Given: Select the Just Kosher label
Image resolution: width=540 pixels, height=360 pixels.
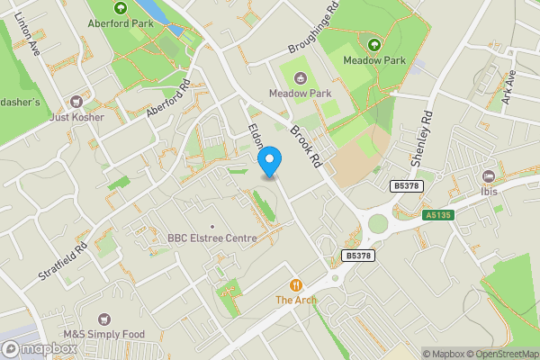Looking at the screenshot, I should pyautogui.click(x=77, y=117).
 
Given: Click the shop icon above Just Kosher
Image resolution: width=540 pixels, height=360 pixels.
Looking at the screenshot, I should pyautogui.click(x=77, y=101).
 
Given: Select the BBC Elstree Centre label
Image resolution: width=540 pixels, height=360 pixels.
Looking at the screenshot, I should pyautogui.click(x=212, y=238).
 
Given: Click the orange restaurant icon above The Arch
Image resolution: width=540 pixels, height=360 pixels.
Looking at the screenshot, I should pyautogui.click(x=295, y=283).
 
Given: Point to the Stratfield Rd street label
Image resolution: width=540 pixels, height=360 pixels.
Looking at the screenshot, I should pyautogui.click(x=62, y=260).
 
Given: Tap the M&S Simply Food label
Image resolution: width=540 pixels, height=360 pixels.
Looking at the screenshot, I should pyautogui.click(x=102, y=334).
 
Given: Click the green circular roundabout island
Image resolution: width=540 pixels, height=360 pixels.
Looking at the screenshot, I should pyautogui.click(x=378, y=223).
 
